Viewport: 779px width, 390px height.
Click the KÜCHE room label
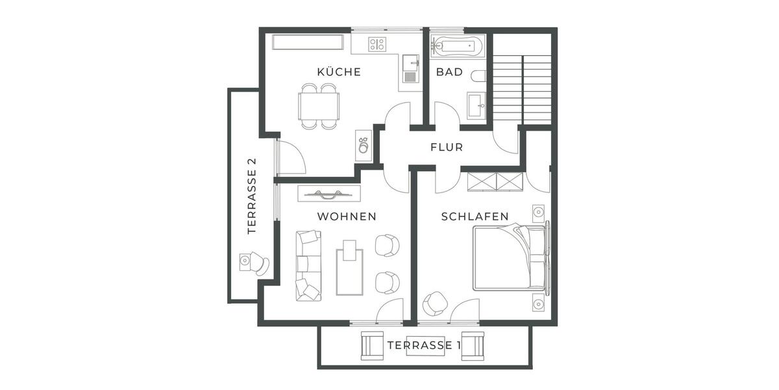click(x=338, y=72)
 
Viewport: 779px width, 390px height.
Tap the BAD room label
click(x=449, y=72)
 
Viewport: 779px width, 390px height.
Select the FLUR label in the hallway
click(x=447, y=148)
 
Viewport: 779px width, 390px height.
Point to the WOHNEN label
click(x=346, y=216)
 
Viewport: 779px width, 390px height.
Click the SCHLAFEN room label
click(x=475, y=216)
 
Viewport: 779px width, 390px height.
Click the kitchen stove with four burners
click(x=377, y=44)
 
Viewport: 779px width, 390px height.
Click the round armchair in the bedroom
click(x=434, y=304)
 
